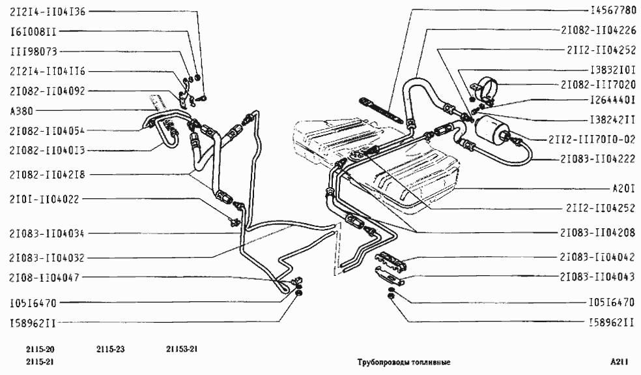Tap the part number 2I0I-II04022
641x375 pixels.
[44, 199]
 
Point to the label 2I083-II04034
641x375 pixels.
[45, 233]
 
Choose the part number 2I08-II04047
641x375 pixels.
[44, 277]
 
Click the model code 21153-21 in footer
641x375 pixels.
[182, 349]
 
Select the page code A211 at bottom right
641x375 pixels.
[620, 362]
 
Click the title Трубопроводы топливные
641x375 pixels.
[404, 362]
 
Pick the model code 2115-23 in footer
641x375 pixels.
[110, 349]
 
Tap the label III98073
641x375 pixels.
[33, 51]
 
